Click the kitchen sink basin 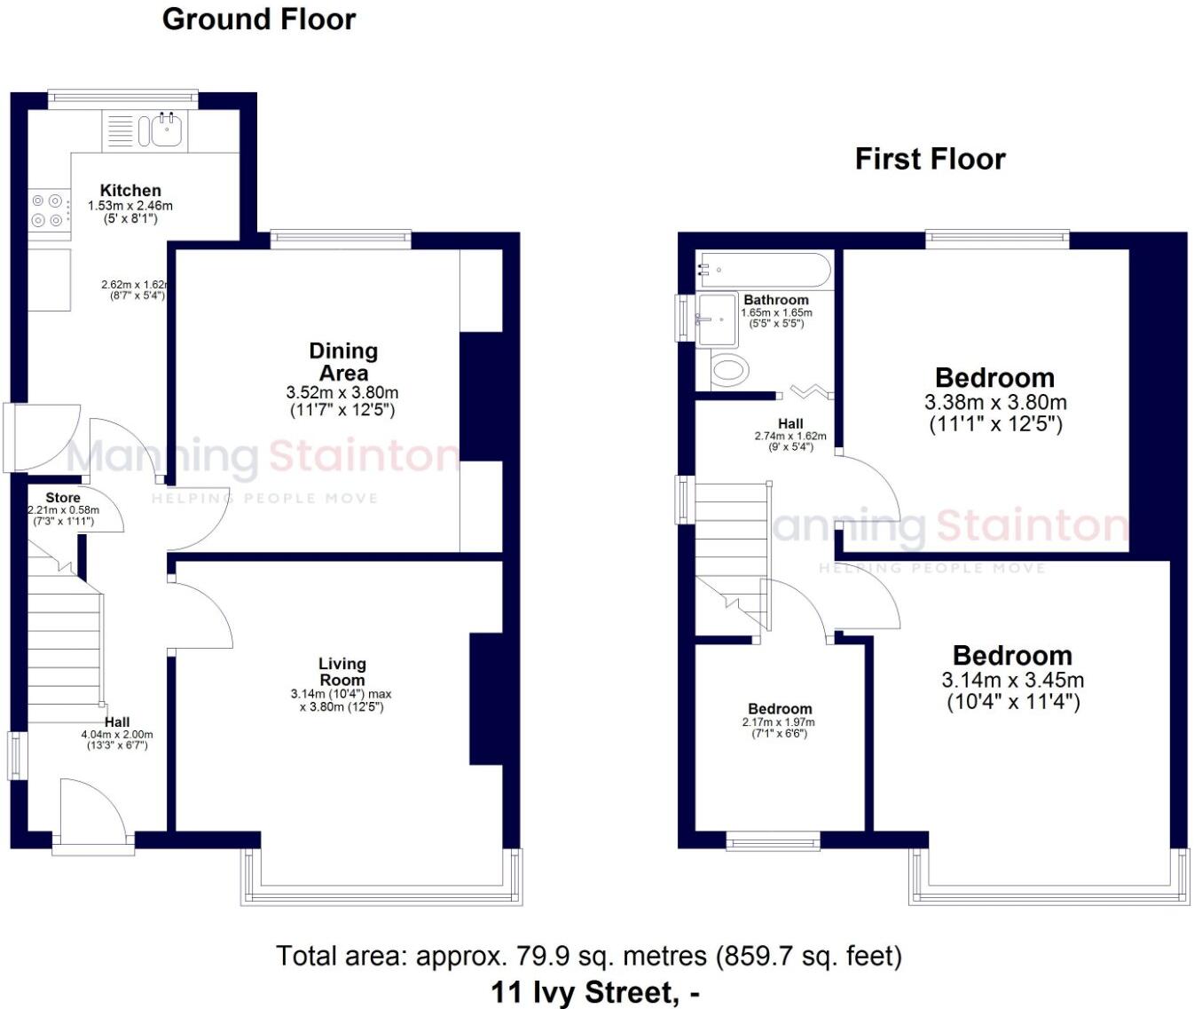[x=167, y=131]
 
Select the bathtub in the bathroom [x=764, y=270]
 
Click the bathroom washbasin [x=717, y=319]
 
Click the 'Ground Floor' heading [x=259, y=20]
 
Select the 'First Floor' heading [x=931, y=159]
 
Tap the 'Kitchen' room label [x=130, y=190]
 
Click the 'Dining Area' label [x=343, y=361]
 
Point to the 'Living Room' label [x=342, y=672]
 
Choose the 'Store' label [x=63, y=498]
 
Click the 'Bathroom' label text [x=776, y=300]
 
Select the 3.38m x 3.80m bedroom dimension [x=995, y=403]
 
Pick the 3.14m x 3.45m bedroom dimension [x=1013, y=680]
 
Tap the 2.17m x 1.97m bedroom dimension [x=779, y=722]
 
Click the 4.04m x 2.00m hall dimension [x=117, y=735]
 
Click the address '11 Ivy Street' [x=582, y=992]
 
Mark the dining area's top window [x=341, y=239]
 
